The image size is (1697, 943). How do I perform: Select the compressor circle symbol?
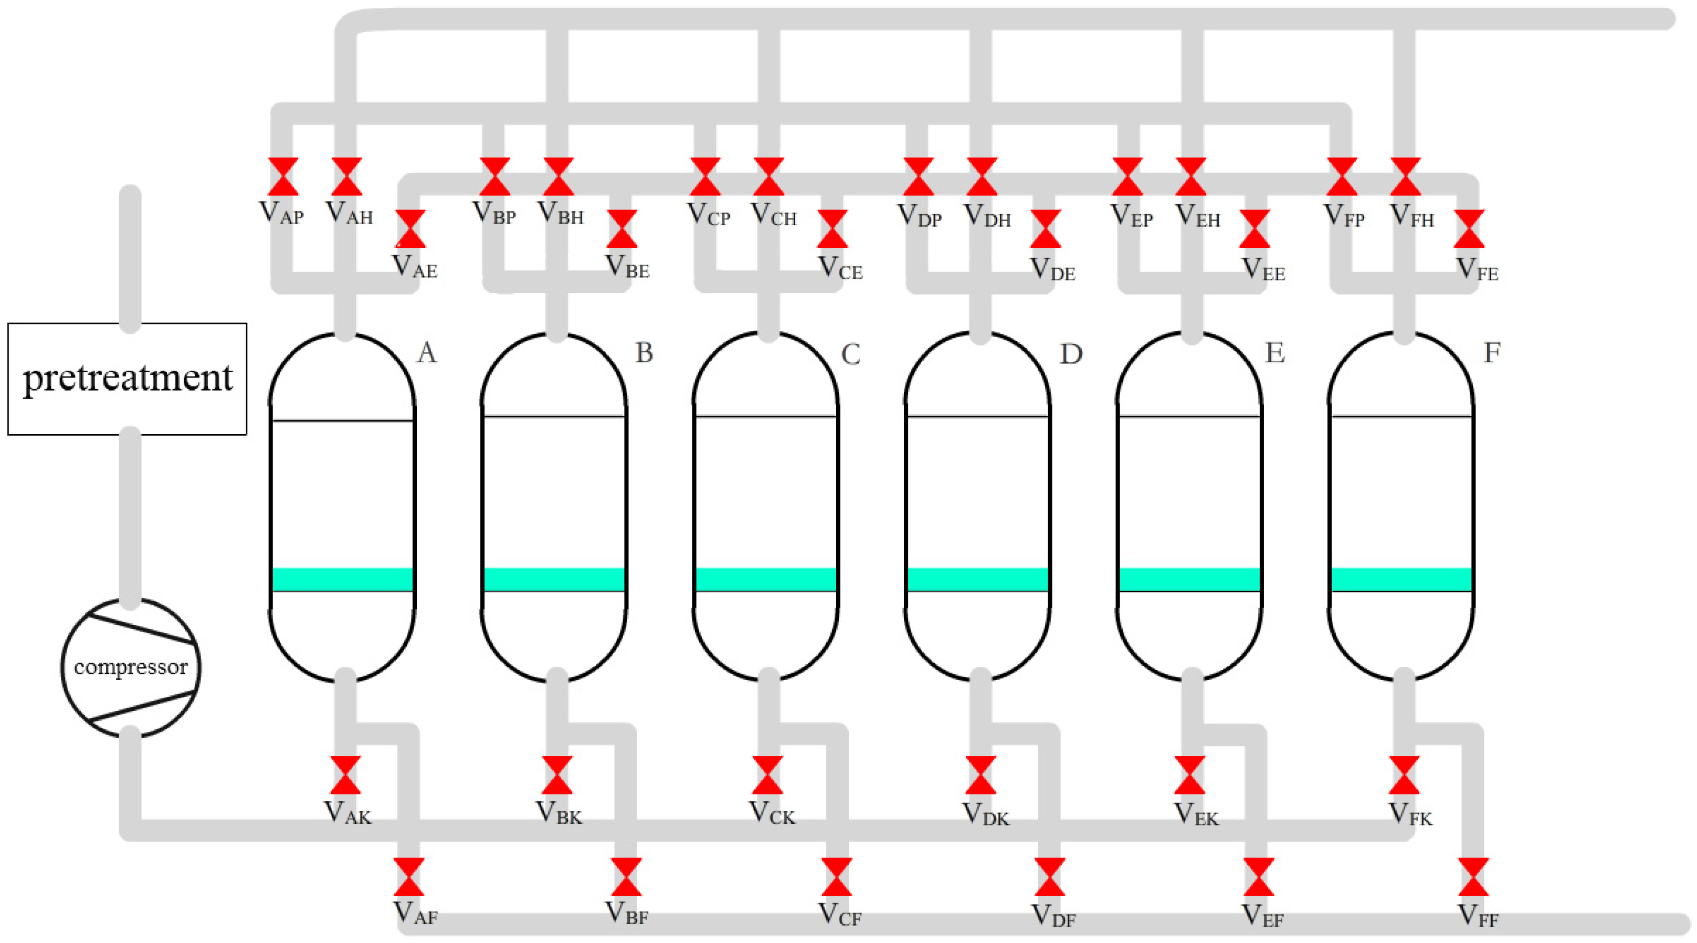tap(130, 667)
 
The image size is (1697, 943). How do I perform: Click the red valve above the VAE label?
tap(410, 229)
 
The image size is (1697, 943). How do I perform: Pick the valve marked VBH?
tap(558, 176)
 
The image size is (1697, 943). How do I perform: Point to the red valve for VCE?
tap(832, 229)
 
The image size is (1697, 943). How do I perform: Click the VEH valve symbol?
tap(1191, 176)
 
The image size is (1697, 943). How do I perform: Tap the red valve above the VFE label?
tap(1469, 229)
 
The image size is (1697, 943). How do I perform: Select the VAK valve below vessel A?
tap(345, 775)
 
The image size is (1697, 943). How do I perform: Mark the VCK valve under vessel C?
tap(767, 775)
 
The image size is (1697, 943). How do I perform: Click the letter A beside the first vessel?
tap(427, 353)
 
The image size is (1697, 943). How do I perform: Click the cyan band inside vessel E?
tap(1190, 579)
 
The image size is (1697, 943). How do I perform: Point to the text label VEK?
tap(1196, 815)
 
